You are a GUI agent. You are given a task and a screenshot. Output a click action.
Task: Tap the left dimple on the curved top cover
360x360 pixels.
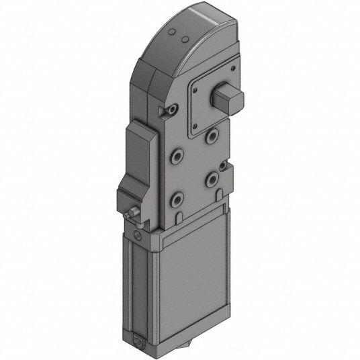click(172, 33)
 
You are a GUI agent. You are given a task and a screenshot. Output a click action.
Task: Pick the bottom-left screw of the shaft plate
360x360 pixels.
click(195, 125)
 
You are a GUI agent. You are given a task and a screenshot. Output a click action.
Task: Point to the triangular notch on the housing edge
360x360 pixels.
click(161, 110)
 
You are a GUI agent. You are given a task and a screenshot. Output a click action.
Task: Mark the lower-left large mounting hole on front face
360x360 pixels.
click(177, 198)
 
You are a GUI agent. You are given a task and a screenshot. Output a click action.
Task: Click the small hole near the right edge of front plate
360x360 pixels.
click(224, 166)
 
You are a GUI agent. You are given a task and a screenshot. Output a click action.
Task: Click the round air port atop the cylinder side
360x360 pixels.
click(138, 236)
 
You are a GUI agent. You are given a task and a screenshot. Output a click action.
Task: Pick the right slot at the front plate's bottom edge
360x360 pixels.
click(219, 195)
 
